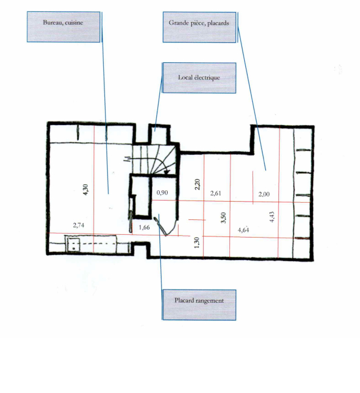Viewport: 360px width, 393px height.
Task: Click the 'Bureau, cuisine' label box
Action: click(63, 27)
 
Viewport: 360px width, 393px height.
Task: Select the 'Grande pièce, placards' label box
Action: click(199, 27)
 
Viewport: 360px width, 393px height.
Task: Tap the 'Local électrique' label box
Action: click(199, 78)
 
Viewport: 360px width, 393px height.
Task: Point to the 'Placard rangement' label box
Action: click(199, 305)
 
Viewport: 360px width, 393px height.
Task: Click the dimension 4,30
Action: click(86, 190)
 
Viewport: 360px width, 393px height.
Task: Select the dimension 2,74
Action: click(79, 225)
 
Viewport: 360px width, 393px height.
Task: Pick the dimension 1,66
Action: click(144, 227)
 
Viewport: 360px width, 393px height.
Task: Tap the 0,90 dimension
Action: click(162, 193)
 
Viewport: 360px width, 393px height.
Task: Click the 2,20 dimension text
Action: click(197, 184)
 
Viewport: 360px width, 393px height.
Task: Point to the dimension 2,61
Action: click(216, 193)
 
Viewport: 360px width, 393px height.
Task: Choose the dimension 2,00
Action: click(264, 194)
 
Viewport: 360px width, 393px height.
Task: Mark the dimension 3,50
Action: click(224, 218)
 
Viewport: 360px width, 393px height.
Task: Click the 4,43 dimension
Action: click(272, 217)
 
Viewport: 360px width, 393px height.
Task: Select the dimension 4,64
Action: click(244, 230)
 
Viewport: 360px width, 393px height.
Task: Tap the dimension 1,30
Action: click(197, 242)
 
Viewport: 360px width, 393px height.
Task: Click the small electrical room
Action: click(159, 134)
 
